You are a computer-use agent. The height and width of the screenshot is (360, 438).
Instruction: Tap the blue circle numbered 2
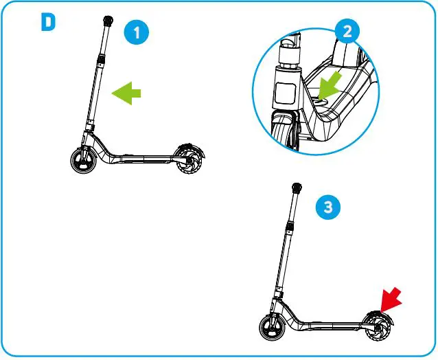tap(347, 31)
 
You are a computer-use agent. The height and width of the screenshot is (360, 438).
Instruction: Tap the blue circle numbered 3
tap(330, 207)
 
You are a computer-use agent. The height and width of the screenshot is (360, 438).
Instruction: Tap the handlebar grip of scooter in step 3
tap(297, 188)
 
